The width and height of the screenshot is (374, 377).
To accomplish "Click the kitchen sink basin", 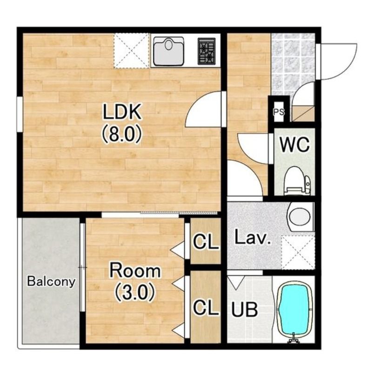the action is click(169, 51).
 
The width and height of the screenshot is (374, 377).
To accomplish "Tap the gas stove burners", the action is click(206, 51).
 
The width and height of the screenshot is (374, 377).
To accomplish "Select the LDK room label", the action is click(122, 111).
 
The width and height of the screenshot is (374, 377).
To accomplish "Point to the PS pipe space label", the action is click(279, 112).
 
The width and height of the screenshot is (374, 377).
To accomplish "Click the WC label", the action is click(295, 145).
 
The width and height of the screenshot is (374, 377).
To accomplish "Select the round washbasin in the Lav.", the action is click(300, 217).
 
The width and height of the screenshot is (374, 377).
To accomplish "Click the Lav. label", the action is click(253, 238).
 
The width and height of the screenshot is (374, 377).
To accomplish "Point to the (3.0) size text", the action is click(134, 292).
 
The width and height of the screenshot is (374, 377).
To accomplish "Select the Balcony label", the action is click(51, 281).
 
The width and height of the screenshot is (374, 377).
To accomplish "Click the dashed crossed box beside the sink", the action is click(132, 51).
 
